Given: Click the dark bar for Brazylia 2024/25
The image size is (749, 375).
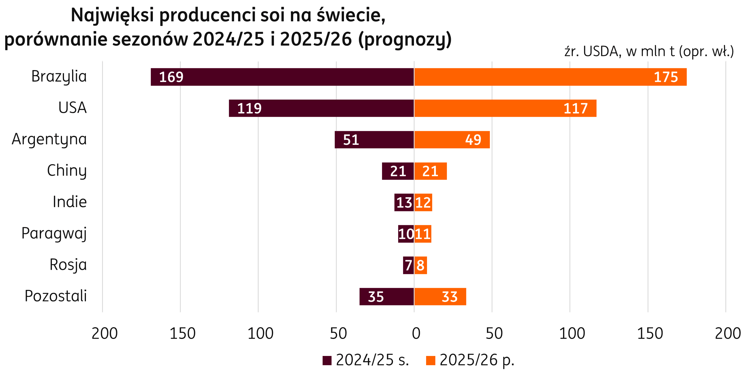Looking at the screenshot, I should (x=282, y=77).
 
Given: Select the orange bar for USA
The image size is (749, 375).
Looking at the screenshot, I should (x=505, y=108).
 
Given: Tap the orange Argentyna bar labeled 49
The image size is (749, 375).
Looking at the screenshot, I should (x=452, y=140).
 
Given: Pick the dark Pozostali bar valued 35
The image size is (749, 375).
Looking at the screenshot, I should (x=386, y=297).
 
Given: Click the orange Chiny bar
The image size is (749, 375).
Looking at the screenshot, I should (x=430, y=171).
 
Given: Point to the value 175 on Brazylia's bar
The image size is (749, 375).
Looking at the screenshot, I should (x=666, y=77).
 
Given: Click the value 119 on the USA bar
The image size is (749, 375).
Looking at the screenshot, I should (x=249, y=108).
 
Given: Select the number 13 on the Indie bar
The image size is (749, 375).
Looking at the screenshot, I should (x=404, y=202).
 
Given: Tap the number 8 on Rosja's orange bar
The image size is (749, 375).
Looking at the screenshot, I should (x=420, y=265).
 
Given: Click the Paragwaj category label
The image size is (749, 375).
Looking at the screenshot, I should (x=54, y=233).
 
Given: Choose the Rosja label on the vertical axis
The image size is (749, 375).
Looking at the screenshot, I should (x=68, y=265).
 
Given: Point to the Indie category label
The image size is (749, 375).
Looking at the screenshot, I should (x=70, y=202).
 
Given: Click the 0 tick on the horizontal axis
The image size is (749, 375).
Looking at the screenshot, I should (x=416, y=333).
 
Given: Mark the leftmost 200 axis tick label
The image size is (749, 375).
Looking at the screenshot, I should (x=104, y=333).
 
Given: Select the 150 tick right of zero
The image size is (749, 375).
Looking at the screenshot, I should (x=650, y=333).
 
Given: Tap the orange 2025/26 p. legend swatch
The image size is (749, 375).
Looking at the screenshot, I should (x=430, y=361).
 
